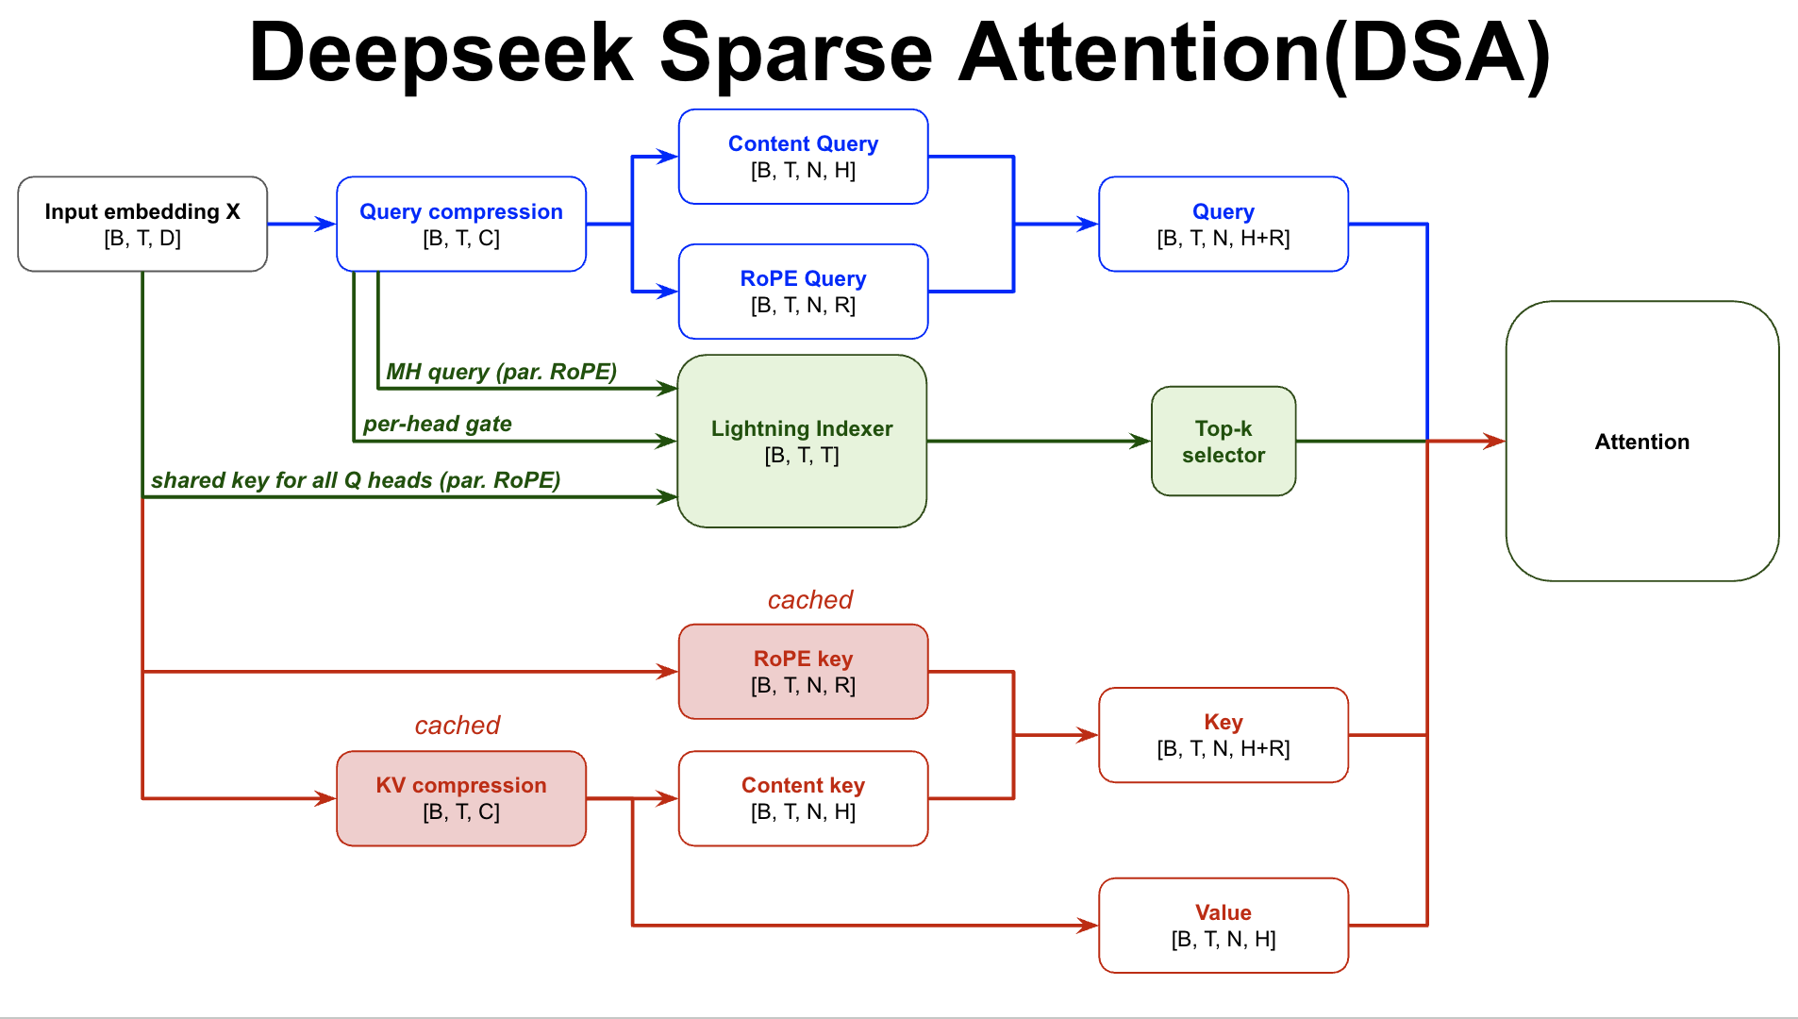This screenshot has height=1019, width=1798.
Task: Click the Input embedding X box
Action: [142, 225]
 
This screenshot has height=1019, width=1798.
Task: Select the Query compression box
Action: [460, 225]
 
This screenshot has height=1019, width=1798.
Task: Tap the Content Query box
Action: [803, 157]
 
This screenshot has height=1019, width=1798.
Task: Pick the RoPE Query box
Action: [803, 292]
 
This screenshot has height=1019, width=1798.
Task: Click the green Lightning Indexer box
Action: [802, 442]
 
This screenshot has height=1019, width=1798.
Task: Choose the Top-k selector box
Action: [1223, 442]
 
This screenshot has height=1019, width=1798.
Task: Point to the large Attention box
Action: [1641, 442]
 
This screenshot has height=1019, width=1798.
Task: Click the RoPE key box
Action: [803, 672]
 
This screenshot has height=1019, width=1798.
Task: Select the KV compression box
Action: [460, 798]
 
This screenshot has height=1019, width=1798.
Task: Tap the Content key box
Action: [803, 798]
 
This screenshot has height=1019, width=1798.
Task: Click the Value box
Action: [1223, 926]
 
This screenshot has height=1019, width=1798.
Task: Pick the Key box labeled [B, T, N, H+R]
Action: [1223, 735]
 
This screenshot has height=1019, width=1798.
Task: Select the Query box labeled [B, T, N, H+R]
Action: [1223, 225]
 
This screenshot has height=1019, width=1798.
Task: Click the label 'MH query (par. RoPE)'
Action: [501, 372]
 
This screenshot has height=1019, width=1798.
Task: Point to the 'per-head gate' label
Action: [438, 424]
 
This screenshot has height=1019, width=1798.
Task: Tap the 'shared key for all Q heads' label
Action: [356, 480]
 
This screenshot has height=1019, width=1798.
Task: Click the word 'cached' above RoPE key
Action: [809, 600]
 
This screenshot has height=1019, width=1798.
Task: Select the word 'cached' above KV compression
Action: [458, 726]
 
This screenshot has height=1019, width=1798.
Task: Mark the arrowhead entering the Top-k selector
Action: [1141, 441]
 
